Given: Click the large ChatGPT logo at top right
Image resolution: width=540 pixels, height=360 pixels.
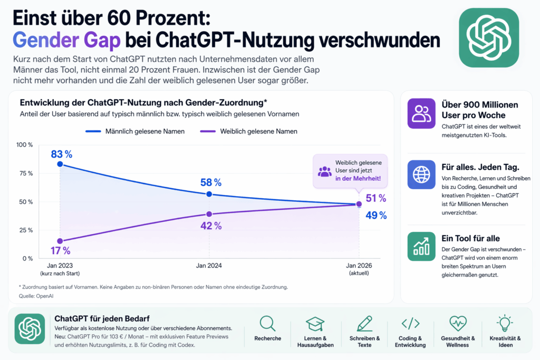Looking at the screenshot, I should pyautogui.click(x=489, y=37).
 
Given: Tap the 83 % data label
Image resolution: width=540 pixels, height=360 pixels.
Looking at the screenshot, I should pyautogui.click(x=62, y=154).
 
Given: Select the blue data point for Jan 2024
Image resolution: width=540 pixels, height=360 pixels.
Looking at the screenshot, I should pyautogui.click(x=209, y=194).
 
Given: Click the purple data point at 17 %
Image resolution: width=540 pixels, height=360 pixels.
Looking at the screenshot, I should pyautogui.click(x=60, y=241).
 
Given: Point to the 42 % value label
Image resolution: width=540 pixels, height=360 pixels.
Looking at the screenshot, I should pyautogui.click(x=210, y=226).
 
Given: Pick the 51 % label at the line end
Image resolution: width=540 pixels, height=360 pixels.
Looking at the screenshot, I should pyautogui.click(x=376, y=198).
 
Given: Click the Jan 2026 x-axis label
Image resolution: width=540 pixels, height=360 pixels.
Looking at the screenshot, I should pyautogui.click(x=359, y=266).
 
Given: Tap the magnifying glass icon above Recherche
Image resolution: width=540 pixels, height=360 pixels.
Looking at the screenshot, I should pyautogui.click(x=268, y=323).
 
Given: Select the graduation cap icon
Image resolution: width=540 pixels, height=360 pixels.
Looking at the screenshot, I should pyautogui.click(x=315, y=323).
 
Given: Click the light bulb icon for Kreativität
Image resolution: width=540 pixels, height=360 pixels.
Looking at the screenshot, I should pyautogui.click(x=505, y=323).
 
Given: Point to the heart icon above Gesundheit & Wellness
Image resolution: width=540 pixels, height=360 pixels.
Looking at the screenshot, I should pyautogui.click(x=458, y=323).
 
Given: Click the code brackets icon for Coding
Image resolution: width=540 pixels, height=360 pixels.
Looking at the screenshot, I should pyautogui.click(x=410, y=323).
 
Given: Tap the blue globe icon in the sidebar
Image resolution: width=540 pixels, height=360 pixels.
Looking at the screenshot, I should pyautogui.click(x=421, y=174).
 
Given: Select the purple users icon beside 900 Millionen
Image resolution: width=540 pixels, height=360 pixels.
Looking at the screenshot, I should pyautogui.click(x=421, y=113).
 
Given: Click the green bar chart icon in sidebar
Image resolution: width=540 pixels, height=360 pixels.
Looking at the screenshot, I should pyautogui.click(x=421, y=246).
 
